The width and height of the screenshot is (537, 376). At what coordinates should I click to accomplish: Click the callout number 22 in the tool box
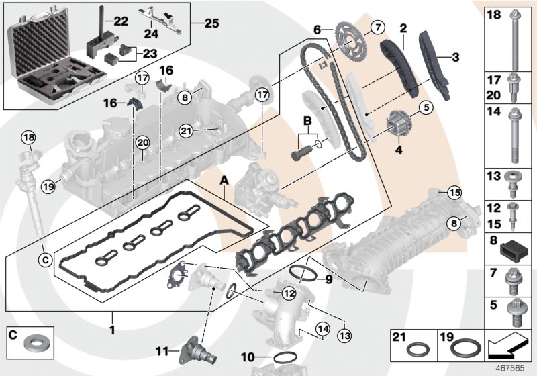[x=121, y=21]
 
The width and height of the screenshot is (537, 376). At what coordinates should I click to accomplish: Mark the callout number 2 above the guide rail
[x=404, y=29]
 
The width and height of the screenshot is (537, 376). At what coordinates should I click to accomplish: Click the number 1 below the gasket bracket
[x=113, y=330]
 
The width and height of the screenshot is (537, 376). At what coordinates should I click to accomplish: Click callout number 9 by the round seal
[x=329, y=280]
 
